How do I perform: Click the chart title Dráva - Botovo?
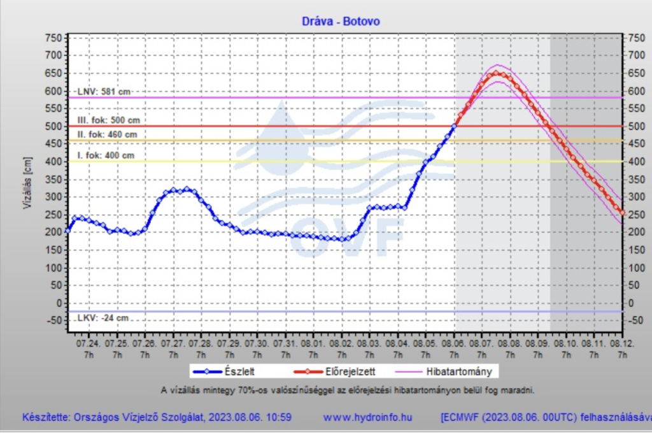click(x=341, y=21)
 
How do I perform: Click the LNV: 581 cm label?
click(x=103, y=92)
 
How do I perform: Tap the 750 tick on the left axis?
click(x=53, y=38)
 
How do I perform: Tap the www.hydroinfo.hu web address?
click(x=368, y=418)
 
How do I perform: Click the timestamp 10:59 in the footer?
click(x=278, y=418)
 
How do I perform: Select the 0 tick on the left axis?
click(x=57, y=303)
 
